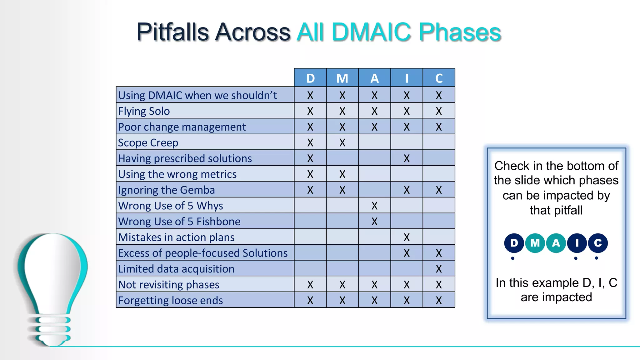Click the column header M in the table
pyautogui.click(x=342, y=78)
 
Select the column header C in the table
pyautogui.click(x=439, y=78)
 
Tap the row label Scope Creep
pyautogui.click(x=148, y=142)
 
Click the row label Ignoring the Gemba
pyautogui.click(x=166, y=190)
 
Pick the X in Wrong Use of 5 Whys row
pyautogui.click(x=374, y=206)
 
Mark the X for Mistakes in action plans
pyautogui.click(x=407, y=237)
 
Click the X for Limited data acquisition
pyautogui.click(x=439, y=269)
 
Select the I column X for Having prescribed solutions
pyautogui.click(x=407, y=158)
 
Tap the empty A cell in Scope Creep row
pyautogui.click(x=374, y=142)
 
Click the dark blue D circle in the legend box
pyautogui.click(x=514, y=243)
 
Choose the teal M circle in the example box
pyautogui.click(x=535, y=243)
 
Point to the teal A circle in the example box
pyautogui.click(x=556, y=243)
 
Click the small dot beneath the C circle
pyautogui.click(x=596, y=258)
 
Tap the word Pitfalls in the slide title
pyautogui.click(x=172, y=32)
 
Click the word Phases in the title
pyautogui.click(x=460, y=32)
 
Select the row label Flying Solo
pyautogui.click(x=144, y=111)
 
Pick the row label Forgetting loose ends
pyautogui.click(x=170, y=300)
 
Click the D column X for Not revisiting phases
pyautogui.click(x=310, y=284)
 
